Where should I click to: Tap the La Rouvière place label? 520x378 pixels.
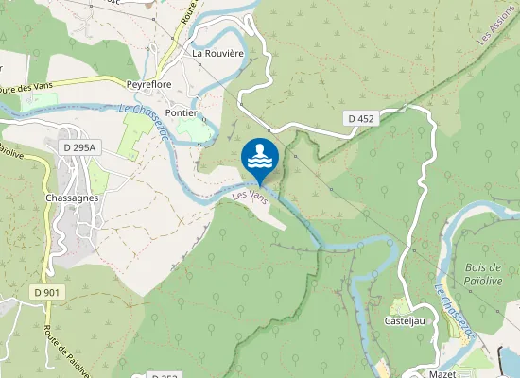(218, 54)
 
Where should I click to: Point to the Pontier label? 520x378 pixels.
(181, 112)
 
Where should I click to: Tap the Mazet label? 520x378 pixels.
(442, 374)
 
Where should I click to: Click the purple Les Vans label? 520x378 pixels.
(251, 199)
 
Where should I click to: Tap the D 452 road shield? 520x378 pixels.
(360, 118)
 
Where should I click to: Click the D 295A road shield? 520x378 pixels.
(79, 147)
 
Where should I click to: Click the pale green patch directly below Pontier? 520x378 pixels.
(192, 129)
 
